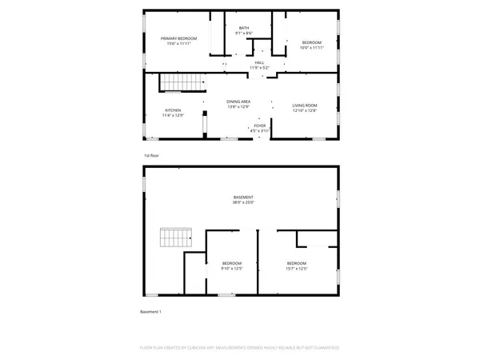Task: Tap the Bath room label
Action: (x=243, y=28)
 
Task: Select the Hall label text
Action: (x=259, y=62)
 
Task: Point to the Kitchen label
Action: (x=174, y=110)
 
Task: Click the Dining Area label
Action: (x=239, y=102)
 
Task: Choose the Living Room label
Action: (x=305, y=105)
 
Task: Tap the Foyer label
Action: (x=260, y=126)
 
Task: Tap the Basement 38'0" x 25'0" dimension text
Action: (x=243, y=202)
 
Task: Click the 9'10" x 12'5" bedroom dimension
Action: (x=232, y=269)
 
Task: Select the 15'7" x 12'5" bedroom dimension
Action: (x=297, y=269)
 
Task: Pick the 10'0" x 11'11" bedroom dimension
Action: (x=311, y=47)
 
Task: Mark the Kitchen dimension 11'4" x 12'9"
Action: (x=174, y=116)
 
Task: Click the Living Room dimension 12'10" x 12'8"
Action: (x=305, y=110)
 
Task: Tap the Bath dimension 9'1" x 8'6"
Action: (x=243, y=34)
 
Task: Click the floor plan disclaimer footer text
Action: (x=240, y=348)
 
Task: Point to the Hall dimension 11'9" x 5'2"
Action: (x=259, y=68)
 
